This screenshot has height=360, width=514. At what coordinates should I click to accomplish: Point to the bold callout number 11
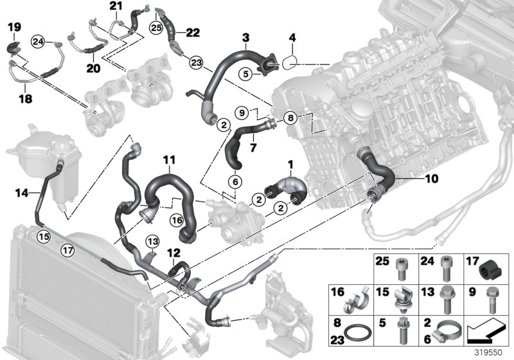(168, 159)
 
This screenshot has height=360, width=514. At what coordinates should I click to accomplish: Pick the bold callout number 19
(14, 26)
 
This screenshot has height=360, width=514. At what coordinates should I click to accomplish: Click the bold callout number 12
(172, 254)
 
